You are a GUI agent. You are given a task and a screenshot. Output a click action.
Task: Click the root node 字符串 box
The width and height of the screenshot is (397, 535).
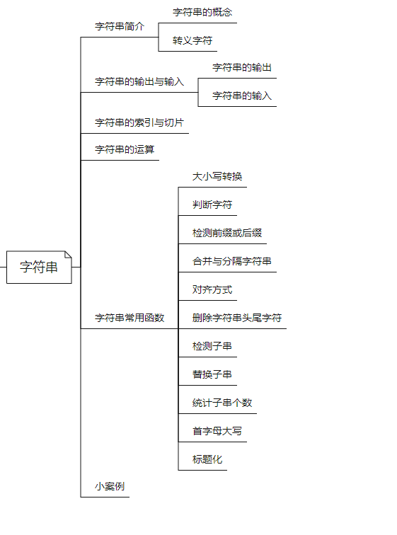[x=39, y=267]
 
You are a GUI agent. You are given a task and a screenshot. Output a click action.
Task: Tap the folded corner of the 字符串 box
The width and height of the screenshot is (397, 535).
[x=68, y=255]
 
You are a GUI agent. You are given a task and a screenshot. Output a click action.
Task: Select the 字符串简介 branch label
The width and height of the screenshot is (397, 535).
[x=120, y=26]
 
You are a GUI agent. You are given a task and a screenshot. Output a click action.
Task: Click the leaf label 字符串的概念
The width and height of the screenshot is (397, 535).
[x=202, y=12]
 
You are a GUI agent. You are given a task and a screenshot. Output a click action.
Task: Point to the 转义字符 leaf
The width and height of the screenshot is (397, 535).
[x=192, y=40]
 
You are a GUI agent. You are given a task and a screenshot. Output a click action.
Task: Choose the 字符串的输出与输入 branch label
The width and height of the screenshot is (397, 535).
[x=139, y=81]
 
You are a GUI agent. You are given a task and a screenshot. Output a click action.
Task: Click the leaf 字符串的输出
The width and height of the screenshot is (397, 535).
[x=242, y=67]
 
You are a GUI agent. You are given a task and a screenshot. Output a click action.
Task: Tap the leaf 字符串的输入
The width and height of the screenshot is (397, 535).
[x=242, y=96]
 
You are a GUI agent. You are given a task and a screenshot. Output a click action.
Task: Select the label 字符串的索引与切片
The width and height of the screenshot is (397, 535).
[x=139, y=122]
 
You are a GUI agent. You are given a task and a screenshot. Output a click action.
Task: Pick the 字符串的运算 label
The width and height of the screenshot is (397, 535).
[x=125, y=149]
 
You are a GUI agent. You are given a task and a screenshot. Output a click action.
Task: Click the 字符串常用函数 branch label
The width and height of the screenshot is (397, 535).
[x=130, y=318]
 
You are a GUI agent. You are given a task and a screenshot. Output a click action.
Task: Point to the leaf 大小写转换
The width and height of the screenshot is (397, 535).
[x=217, y=176]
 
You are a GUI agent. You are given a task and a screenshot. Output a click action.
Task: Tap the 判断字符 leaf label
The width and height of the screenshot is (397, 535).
[x=212, y=205]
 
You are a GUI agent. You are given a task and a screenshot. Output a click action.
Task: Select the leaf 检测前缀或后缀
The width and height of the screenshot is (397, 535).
[x=227, y=233]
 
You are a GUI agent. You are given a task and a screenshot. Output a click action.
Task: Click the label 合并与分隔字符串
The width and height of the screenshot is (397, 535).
[x=232, y=261]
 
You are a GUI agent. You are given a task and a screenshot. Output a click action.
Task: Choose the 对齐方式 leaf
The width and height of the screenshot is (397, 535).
[x=212, y=289]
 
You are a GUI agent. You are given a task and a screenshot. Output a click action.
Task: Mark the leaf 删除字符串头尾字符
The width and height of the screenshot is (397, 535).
[x=237, y=318]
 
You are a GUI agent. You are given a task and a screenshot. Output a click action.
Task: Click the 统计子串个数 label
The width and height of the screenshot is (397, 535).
[x=222, y=403]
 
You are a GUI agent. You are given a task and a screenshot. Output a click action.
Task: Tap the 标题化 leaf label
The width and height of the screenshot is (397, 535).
[x=207, y=459]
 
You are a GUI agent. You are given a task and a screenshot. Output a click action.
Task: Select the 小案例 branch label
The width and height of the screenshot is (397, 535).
[x=110, y=486]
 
